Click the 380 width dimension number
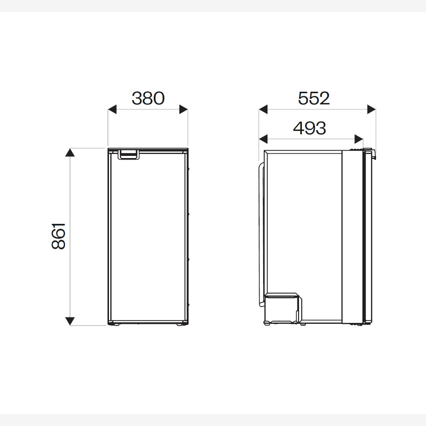tap(148, 98)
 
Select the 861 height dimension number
tap(58, 236)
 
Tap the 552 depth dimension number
tap(314, 98)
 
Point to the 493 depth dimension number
tap(310, 128)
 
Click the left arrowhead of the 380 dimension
tap(112, 110)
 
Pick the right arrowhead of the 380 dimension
tap(184, 110)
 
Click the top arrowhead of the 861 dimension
tap(70, 152)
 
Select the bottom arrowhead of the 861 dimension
tap(70, 321)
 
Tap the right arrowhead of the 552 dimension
tap(372, 110)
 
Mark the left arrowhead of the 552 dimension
tap(263, 110)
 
